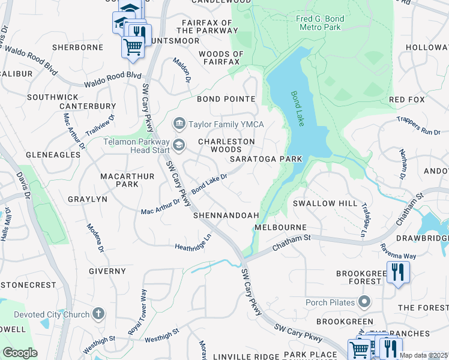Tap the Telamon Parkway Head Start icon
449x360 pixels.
click(x=178, y=145)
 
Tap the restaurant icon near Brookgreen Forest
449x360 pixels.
click(x=397, y=273)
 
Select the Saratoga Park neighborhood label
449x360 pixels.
click(x=265, y=159)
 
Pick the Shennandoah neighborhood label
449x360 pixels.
click(x=226, y=215)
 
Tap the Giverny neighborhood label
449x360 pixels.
click(x=107, y=271)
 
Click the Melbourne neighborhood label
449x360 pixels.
click(x=280, y=228)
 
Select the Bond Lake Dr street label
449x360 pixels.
click(x=209, y=184)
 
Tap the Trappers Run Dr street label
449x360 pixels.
click(x=423, y=125)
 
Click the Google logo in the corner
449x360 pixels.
click(x=20, y=353)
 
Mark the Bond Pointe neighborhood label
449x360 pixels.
click(x=226, y=99)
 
